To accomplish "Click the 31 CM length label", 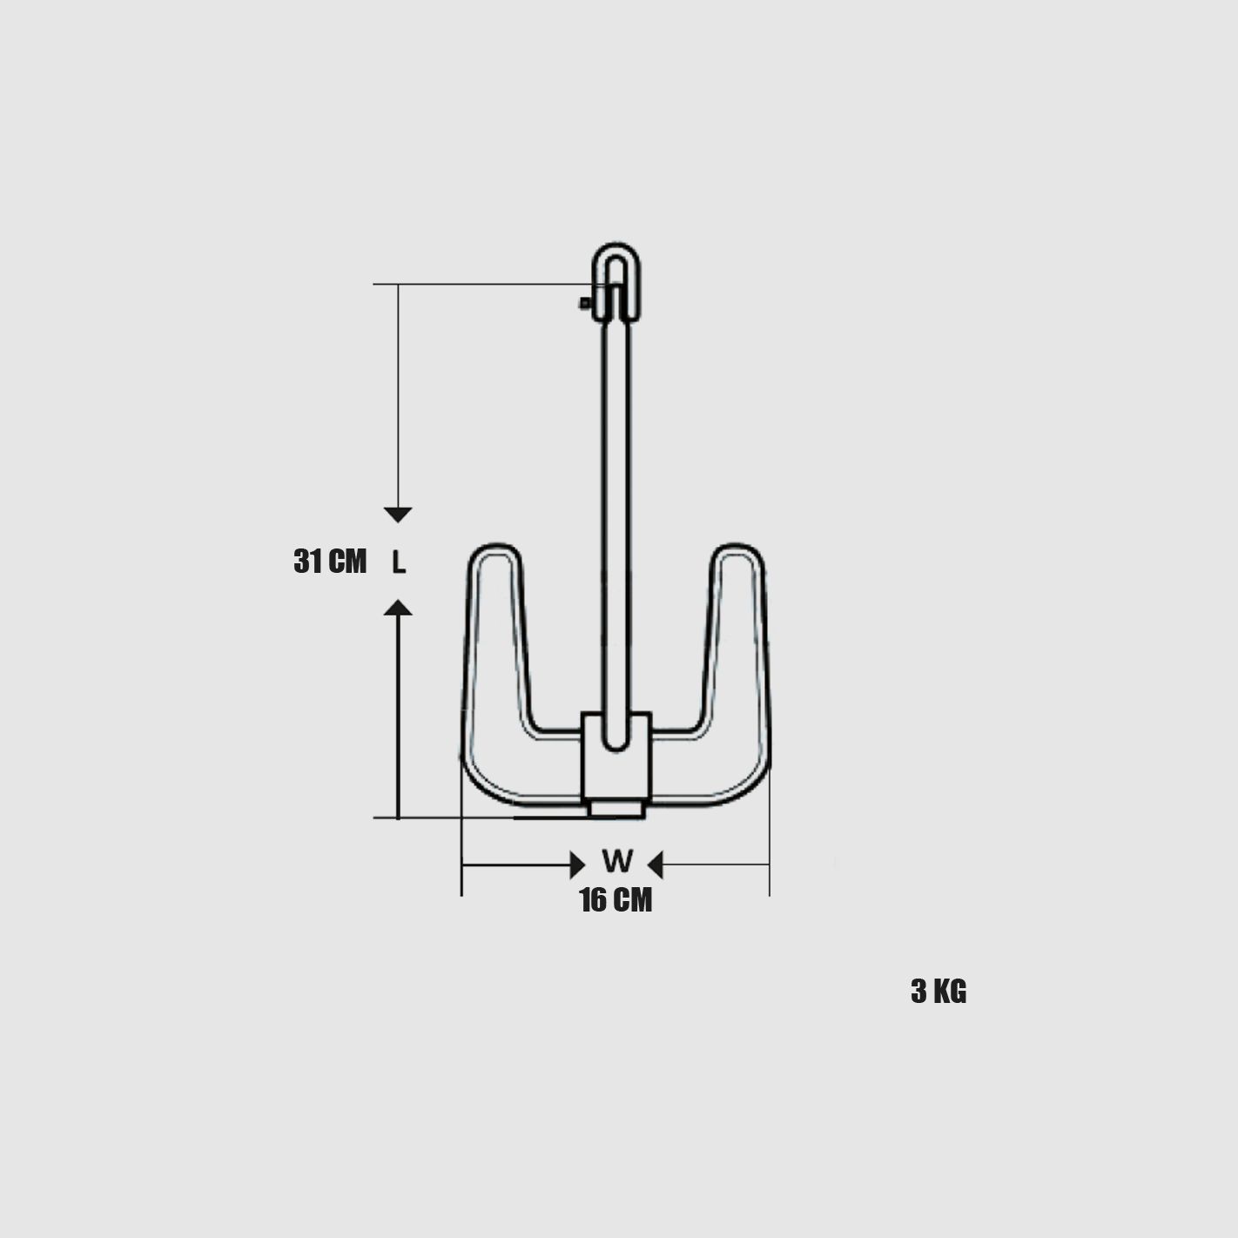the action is coord(330,562).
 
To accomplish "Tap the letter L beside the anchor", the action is coord(399,563).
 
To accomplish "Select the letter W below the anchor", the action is coord(617,862).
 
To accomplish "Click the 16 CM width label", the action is coord(616,899).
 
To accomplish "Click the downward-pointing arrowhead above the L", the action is coord(398,515).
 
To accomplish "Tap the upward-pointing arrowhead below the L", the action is coord(398,607).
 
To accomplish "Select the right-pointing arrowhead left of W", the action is coord(577,865).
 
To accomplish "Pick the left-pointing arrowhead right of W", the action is coord(655,865).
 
